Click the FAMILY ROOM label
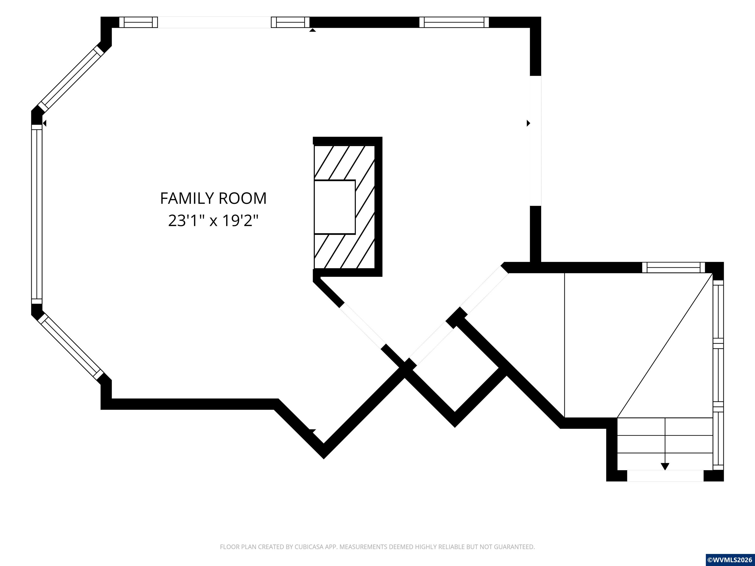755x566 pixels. pyautogui.click(x=213, y=198)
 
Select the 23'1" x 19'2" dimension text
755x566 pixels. pyautogui.click(x=213, y=221)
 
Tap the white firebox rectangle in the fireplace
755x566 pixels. pyautogui.click(x=335, y=207)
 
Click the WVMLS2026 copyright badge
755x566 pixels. pyautogui.click(x=730, y=560)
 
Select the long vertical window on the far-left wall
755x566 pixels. pyautogui.click(x=37, y=214)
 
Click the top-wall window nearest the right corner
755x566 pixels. pyautogui.click(x=454, y=22)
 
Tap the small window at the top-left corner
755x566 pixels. pyautogui.click(x=138, y=22)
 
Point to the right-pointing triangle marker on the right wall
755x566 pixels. pyautogui.click(x=528, y=123)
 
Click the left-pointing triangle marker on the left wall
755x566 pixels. pyautogui.click(x=44, y=123)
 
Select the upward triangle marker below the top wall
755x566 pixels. pyautogui.click(x=312, y=30)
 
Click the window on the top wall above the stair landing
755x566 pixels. pyautogui.click(x=673, y=268)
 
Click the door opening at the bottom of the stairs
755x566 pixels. pyautogui.click(x=665, y=476)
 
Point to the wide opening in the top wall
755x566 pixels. pyautogui.click(x=214, y=22)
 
